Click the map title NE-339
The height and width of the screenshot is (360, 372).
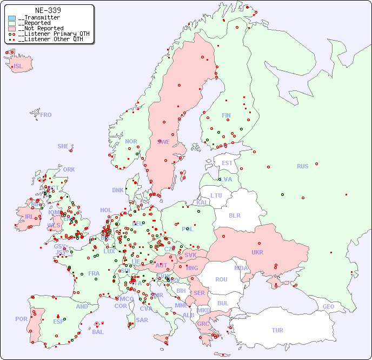click(48, 10)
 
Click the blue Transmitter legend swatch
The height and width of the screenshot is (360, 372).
click(12, 18)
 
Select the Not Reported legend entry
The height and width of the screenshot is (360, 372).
click(41, 28)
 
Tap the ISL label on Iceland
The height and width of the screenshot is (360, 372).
click(18, 67)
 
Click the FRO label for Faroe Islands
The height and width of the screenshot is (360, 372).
click(46, 115)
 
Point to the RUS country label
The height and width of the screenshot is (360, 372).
click(302, 166)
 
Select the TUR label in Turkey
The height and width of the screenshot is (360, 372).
click(277, 330)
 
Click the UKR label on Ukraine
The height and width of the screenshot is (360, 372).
click(257, 252)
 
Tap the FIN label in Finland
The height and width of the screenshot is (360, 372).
click(226, 115)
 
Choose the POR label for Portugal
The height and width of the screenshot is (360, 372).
click(21, 319)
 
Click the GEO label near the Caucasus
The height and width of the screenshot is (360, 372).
click(328, 306)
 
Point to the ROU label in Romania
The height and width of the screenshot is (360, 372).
click(221, 279)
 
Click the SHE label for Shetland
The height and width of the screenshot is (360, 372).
click(63, 146)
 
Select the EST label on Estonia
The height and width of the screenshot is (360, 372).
click(227, 163)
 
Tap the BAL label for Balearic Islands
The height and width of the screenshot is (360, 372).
click(98, 332)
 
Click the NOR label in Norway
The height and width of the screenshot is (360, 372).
click(131, 141)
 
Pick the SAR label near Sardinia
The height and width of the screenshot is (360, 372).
click(142, 320)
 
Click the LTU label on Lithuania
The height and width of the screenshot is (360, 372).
click(216, 195)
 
